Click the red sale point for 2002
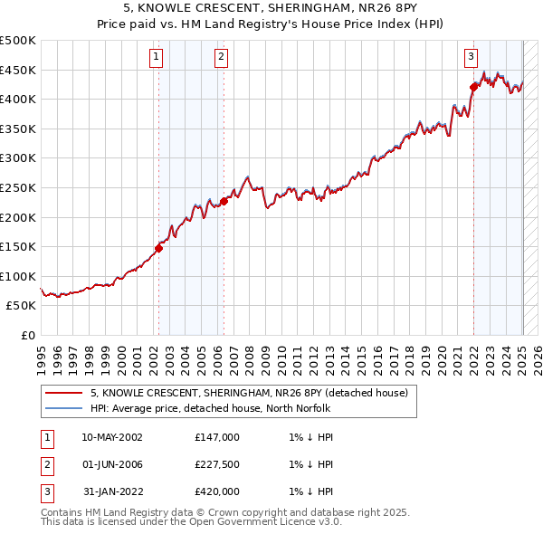[158, 247]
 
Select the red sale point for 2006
[224, 201]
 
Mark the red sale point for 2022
[473, 87]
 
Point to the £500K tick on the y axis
[18, 41]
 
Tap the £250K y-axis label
[18, 187]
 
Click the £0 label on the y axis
[28, 335]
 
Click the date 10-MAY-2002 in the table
[112, 437]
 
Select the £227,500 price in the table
[217, 464]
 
